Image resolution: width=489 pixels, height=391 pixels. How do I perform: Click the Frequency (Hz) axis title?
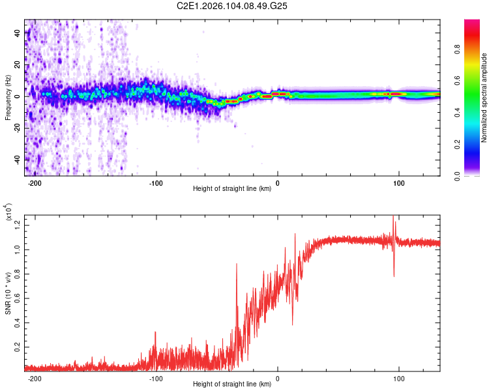pos(8,97)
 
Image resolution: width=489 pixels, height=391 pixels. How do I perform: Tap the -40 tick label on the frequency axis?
pos(16,159)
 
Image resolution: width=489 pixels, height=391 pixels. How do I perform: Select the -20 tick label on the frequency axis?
pos(16,128)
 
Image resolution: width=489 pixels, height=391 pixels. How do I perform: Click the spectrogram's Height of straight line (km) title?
pos(233,189)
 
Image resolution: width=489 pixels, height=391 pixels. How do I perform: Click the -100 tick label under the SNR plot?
pos(156,377)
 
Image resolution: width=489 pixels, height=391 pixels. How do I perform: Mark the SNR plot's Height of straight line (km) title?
pos(233,384)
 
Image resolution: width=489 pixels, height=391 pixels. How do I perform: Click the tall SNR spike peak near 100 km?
pos(393,217)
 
